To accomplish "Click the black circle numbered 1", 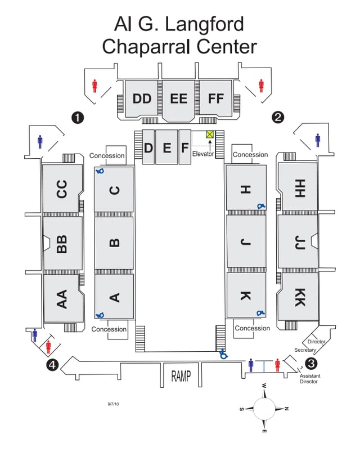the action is pos(78,118).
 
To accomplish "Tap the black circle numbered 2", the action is pos(278,117).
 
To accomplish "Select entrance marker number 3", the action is pos(311,363).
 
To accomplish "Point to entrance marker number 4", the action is pos(52,365).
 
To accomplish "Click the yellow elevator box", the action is pos(210,134).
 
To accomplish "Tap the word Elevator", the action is pos(203,154).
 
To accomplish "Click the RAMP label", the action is pos(181,376).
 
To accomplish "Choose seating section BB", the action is pos(63,243).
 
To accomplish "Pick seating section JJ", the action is pos(298,241).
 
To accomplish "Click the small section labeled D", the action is pos(148,147).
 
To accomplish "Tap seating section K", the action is pos(246,295).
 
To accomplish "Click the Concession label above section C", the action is pos(107,156).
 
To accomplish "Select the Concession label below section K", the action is pos(253,328).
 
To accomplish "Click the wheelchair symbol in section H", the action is pos(261,206).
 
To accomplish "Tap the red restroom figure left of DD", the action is pos(94,86).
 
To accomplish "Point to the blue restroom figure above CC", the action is pos(40,142).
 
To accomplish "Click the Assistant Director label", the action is pos(309,378).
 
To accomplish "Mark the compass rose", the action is pos(264,409).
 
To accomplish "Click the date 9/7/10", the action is pos(113,404).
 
